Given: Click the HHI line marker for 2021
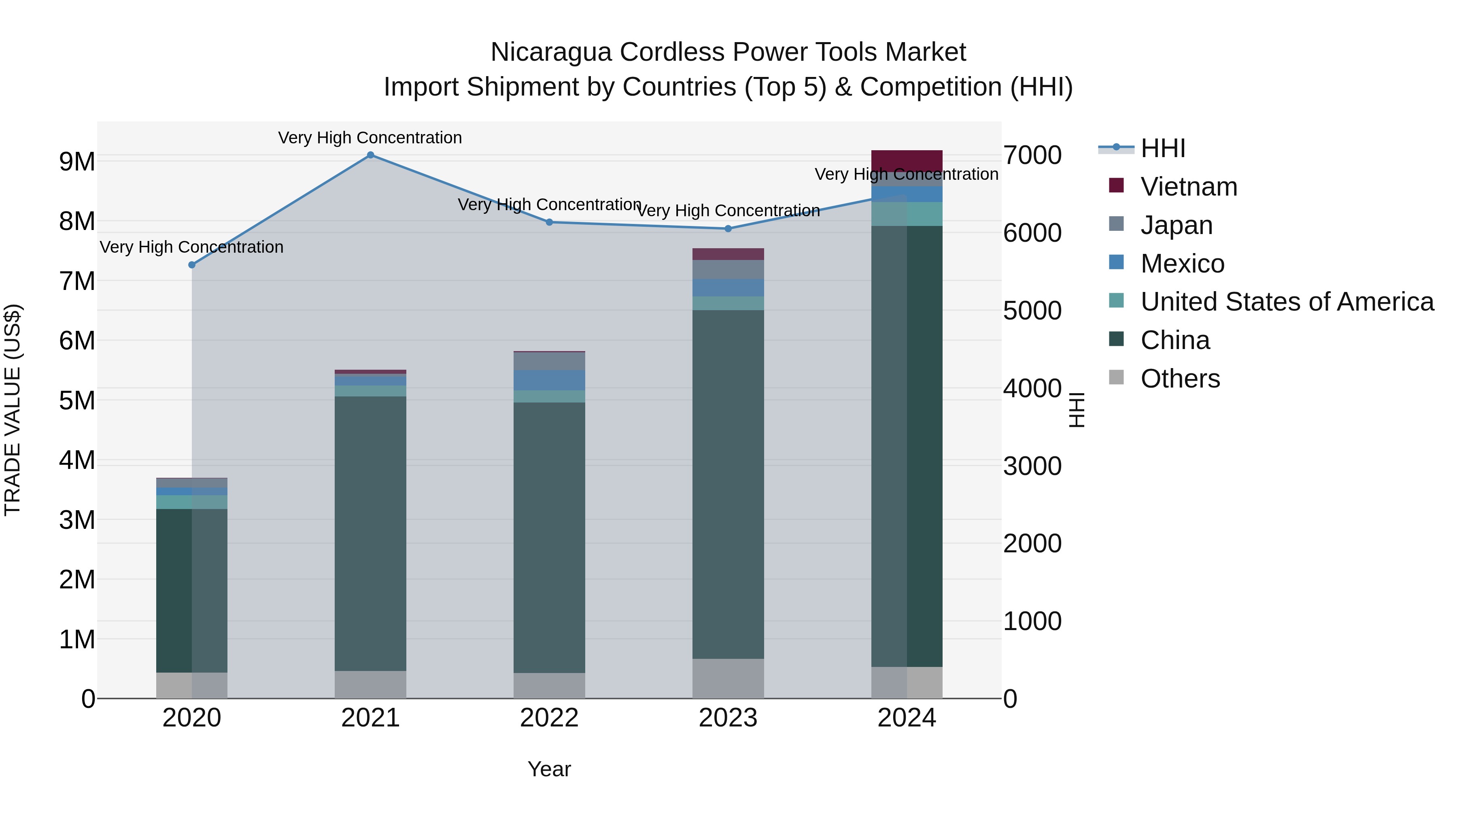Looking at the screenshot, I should point(370,155).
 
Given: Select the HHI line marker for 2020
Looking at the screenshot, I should point(192,265).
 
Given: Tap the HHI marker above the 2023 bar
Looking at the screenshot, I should point(728,229).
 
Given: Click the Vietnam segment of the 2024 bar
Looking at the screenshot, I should point(907,161).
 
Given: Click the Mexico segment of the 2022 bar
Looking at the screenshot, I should point(549,380).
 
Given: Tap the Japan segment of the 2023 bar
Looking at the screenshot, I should point(728,269).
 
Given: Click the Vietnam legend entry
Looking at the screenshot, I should point(1188,187).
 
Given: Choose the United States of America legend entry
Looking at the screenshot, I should point(1287,302).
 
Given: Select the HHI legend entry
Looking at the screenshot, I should point(1162,148).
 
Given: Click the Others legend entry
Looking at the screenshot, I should point(1180,379).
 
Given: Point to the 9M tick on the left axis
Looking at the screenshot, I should point(77,162).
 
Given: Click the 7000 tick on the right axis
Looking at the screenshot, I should point(1032,155).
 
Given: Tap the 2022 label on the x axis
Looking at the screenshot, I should point(549,718).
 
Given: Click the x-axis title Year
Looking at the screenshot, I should point(549,769).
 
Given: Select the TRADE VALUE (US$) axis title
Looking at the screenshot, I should point(13,410).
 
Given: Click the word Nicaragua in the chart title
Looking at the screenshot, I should point(550,52).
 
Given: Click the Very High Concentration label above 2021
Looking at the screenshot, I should point(370,138).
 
